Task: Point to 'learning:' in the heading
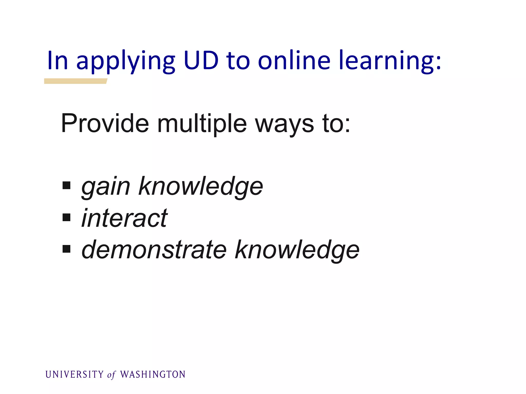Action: point(390,61)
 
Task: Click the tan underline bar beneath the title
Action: point(76,81)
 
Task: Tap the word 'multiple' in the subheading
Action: point(202,124)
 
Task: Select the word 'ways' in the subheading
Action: point(284,125)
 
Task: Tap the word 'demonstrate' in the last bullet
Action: point(154,250)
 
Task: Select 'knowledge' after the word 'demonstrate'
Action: point(297,250)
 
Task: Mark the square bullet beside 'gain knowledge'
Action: point(67,185)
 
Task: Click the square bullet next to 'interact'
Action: point(67,217)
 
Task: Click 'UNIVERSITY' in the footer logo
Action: point(74,375)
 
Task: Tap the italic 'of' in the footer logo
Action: point(111,375)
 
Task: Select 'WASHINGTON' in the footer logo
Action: point(153,375)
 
